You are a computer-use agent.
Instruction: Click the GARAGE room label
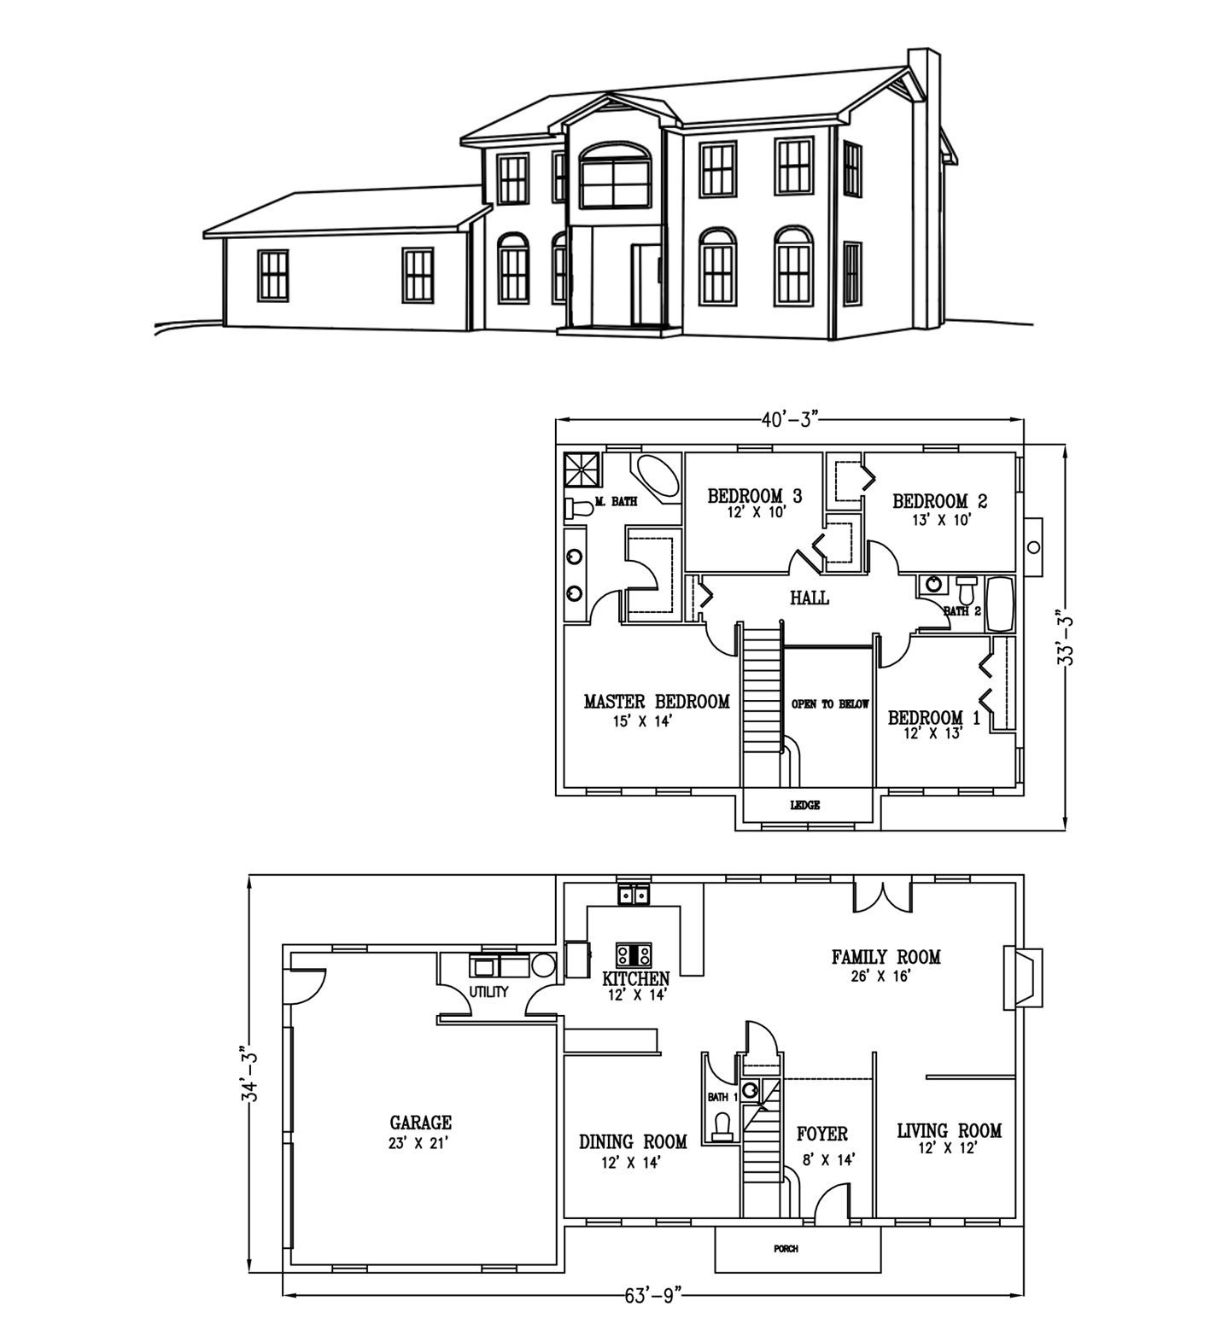tap(420, 1123)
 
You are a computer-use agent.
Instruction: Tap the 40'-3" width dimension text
tap(791, 418)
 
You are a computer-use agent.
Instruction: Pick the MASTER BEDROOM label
tap(657, 702)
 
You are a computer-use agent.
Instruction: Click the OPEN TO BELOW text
tap(830, 704)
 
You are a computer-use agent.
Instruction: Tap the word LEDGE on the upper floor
tap(805, 805)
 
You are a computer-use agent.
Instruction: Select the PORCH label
tap(786, 1249)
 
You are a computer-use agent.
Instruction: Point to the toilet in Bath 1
tap(723, 1125)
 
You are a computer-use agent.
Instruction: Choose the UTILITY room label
tap(488, 992)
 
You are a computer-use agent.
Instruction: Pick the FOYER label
tap(821, 1134)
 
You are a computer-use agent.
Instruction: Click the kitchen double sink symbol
tap(634, 896)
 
